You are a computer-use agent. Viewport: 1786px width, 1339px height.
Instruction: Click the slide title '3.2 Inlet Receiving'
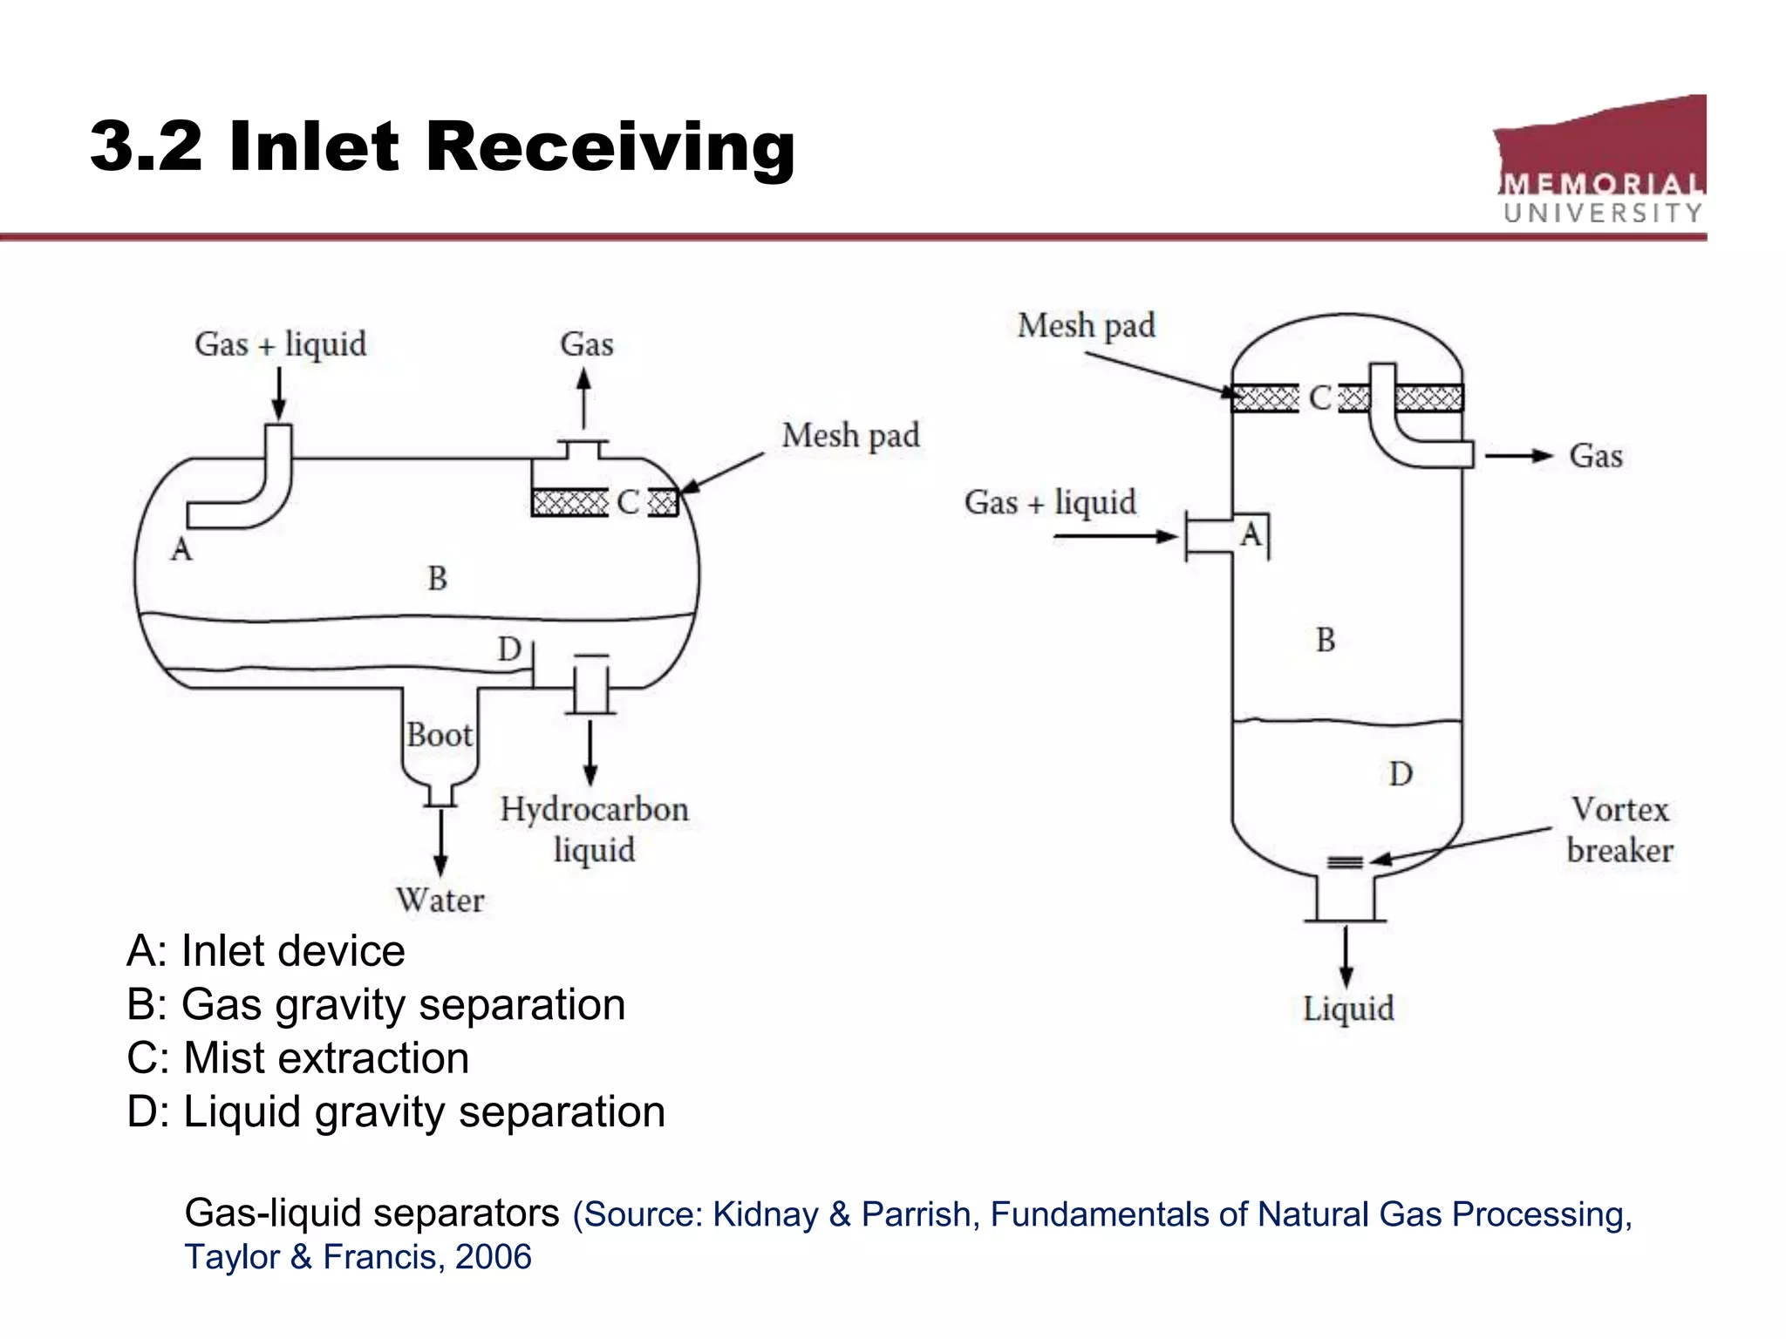(x=442, y=146)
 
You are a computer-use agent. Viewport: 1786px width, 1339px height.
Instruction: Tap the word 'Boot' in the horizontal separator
(x=439, y=735)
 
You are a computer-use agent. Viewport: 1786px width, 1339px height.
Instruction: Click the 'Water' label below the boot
(x=440, y=901)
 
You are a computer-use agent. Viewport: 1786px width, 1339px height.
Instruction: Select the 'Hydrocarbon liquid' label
(x=594, y=829)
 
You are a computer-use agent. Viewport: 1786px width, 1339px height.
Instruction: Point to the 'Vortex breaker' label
(x=1619, y=830)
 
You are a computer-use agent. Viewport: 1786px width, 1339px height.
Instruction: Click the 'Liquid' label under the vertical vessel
(x=1348, y=1009)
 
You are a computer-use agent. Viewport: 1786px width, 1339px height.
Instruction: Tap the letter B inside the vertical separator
(x=1326, y=641)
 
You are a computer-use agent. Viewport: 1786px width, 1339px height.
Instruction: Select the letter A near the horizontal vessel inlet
(x=181, y=550)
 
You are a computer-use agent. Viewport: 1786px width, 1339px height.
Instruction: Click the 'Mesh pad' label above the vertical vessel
(x=1086, y=326)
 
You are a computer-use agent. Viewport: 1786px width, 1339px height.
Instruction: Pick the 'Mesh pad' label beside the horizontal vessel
(x=850, y=435)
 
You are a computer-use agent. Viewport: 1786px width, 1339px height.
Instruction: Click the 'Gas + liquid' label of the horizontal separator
(x=280, y=344)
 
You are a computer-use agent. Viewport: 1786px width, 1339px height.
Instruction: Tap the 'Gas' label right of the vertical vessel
(x=1596, y=456)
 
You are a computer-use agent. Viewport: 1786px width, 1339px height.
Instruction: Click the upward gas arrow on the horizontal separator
(x=584, y=398)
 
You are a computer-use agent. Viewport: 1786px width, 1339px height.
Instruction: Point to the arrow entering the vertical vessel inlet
(x=1116, y=536)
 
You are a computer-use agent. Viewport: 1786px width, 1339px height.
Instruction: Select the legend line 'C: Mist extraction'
(x=298, y=1058)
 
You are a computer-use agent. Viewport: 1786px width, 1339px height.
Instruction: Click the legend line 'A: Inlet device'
(x=266, y=951)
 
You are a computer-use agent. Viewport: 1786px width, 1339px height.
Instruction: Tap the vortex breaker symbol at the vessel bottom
(x=1345, y=862)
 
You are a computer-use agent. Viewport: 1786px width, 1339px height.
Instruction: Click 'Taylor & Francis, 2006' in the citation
(x=358, y=1257)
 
